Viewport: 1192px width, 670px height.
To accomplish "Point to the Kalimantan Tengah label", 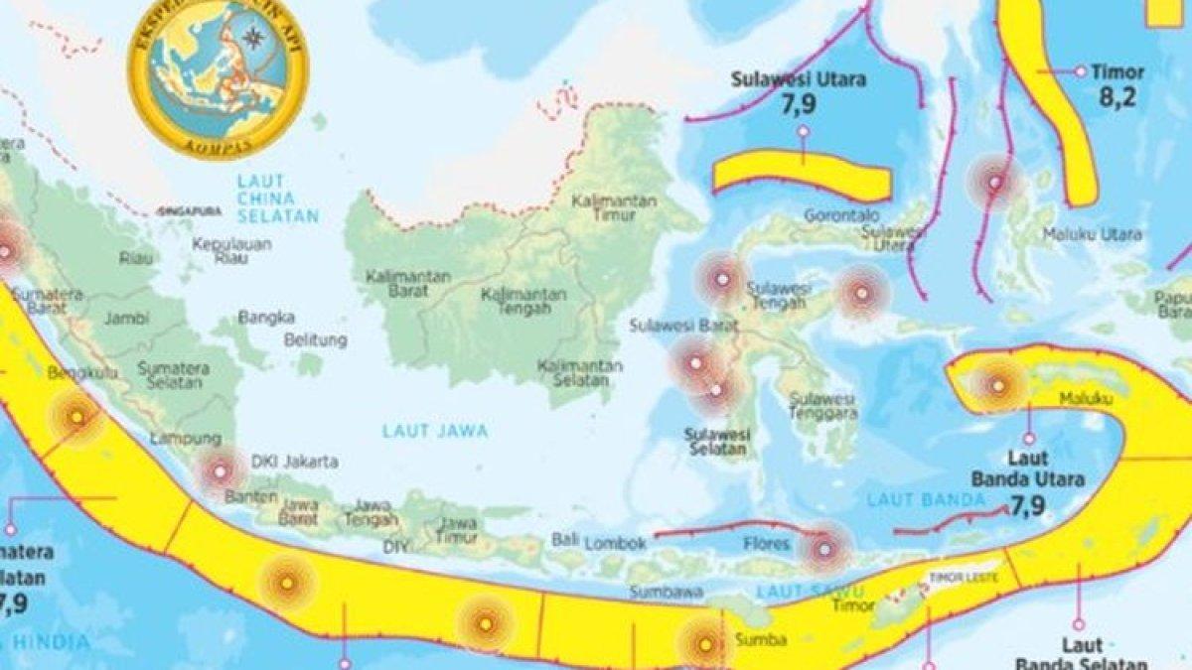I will tap(523, 302).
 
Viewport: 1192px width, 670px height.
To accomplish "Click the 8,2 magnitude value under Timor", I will tap(1117, 96).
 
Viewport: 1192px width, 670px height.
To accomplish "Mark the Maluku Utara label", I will tap(1092, 235).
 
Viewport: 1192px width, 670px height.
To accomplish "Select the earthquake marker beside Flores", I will tap(824, 548).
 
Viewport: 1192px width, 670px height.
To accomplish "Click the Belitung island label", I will tap(315, 340).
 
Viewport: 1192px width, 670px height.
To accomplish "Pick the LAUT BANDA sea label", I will tap(911, 499).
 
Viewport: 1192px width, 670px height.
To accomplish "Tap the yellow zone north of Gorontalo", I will tap(801, 173).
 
